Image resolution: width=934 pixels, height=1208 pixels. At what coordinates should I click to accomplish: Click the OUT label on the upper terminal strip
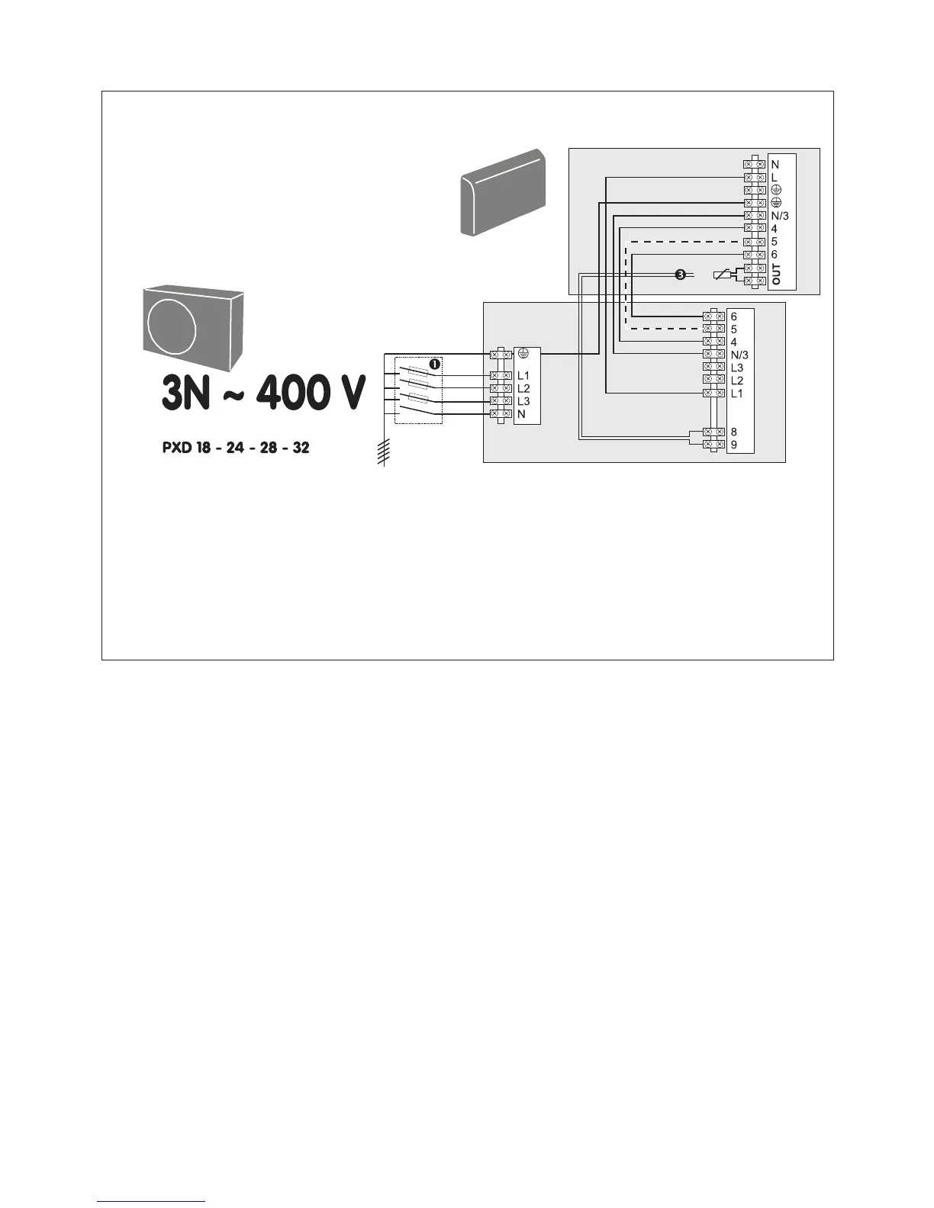(776, 274)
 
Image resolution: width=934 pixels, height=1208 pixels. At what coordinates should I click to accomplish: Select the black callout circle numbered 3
(680, 274)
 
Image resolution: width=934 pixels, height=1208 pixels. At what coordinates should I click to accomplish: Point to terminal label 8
(734, 432)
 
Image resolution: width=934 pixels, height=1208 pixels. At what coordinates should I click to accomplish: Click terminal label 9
(734, 444)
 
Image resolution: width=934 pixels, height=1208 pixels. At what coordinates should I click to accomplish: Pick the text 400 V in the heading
(311, 393)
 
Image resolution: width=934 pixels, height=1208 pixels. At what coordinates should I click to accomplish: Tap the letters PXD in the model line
(176, 447)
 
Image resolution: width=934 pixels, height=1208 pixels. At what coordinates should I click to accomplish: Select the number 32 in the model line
(301, 447)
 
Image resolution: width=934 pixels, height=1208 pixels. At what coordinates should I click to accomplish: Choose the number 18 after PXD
(204, 447)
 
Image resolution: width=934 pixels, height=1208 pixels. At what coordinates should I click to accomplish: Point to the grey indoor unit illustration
(503, 192)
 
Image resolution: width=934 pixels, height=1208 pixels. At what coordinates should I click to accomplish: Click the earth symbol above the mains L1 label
(523, 353)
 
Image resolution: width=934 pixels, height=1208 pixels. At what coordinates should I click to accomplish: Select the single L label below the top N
(775, 177)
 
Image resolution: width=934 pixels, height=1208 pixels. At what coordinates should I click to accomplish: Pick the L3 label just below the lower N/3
(737, 368)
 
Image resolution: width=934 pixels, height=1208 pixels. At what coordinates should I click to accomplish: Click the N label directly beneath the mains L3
(521, 413)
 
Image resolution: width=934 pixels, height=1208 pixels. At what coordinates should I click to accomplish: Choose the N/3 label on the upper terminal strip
(780, 216)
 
